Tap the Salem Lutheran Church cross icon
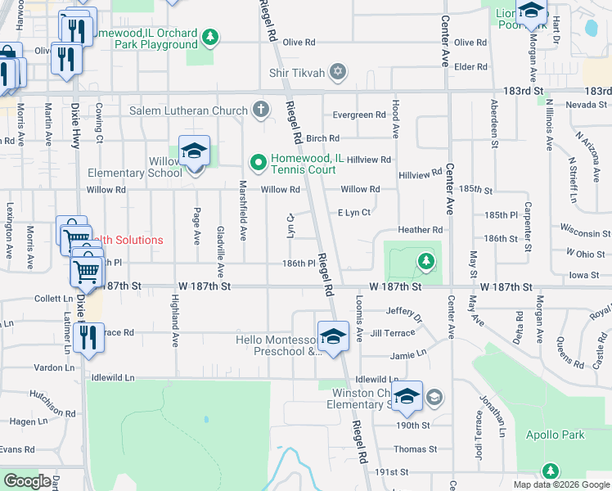pos(260,110)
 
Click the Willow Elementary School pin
pos(194,153)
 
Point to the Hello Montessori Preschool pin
pos(333,338)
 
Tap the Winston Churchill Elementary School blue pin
pos(407,399)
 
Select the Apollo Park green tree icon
pos(551,471)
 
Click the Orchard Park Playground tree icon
pos(210,37)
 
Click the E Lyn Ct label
pos(355,213)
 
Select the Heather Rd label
pos(420,230)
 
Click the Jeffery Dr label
pos(403,311)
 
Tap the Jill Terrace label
pos(392,333)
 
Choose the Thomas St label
pos(415,449)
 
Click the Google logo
pos(27,481)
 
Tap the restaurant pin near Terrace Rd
pos(88,338)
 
